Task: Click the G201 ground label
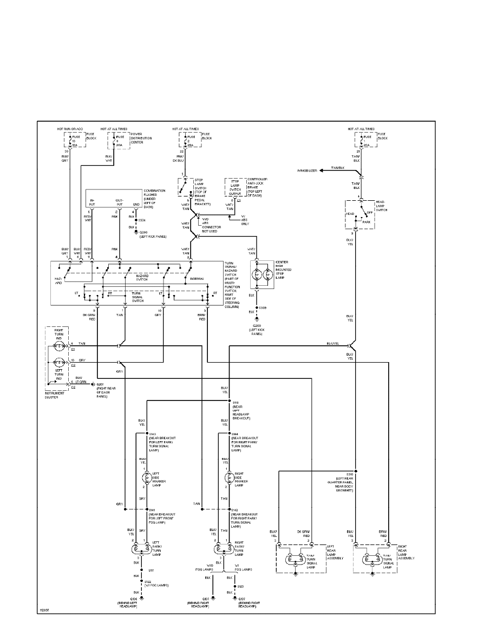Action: click(100, 385)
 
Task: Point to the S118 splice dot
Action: click(230, 401)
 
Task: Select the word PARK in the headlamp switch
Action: click(366, 222)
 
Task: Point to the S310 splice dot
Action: click(356, 471)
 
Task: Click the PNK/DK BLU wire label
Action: click(180, 159)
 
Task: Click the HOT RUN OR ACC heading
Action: click(70, 129)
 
